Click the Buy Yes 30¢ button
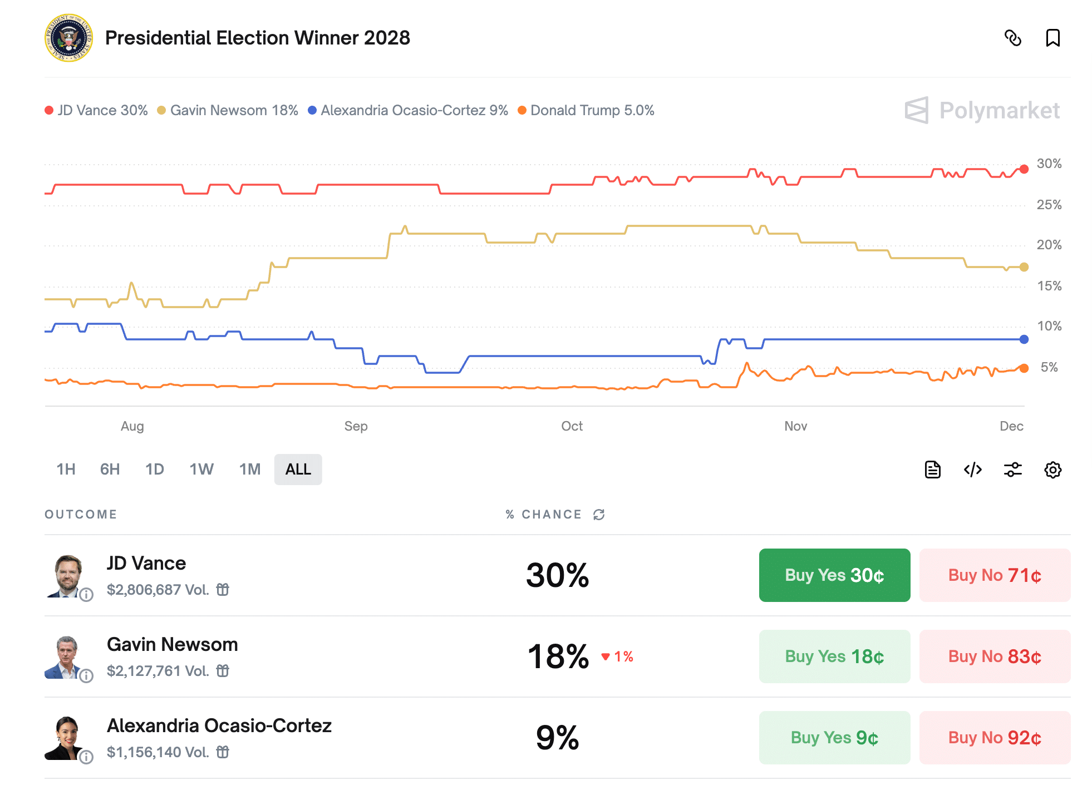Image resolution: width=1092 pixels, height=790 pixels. pos(834,575)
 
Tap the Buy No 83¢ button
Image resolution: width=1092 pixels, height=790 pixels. pos(994,656)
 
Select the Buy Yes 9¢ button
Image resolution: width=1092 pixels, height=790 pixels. pos(834,738)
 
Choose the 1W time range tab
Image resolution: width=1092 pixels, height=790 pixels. pos(201,470)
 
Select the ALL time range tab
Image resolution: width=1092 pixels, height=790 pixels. pos(298,470)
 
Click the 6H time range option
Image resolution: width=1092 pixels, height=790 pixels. pos(110,470)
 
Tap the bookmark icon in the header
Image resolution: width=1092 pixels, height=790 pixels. pos(1052,38)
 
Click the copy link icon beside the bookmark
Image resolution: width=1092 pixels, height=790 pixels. pos(1012,38)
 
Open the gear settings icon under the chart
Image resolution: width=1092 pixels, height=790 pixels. pos(1052,470)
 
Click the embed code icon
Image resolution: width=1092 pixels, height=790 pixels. pos(972,470)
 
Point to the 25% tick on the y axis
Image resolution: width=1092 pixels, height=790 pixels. pos(1049,205)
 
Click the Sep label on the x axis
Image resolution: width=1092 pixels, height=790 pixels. pos(356,426)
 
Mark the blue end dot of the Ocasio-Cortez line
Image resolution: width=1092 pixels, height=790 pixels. pos(1024,339)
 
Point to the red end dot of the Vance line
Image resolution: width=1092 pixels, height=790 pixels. pos(1024,169)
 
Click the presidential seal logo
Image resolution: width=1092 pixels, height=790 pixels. pos(68,38)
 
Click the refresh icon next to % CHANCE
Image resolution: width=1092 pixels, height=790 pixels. pos(599,515)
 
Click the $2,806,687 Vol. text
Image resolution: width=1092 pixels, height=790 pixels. pos(158,590)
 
